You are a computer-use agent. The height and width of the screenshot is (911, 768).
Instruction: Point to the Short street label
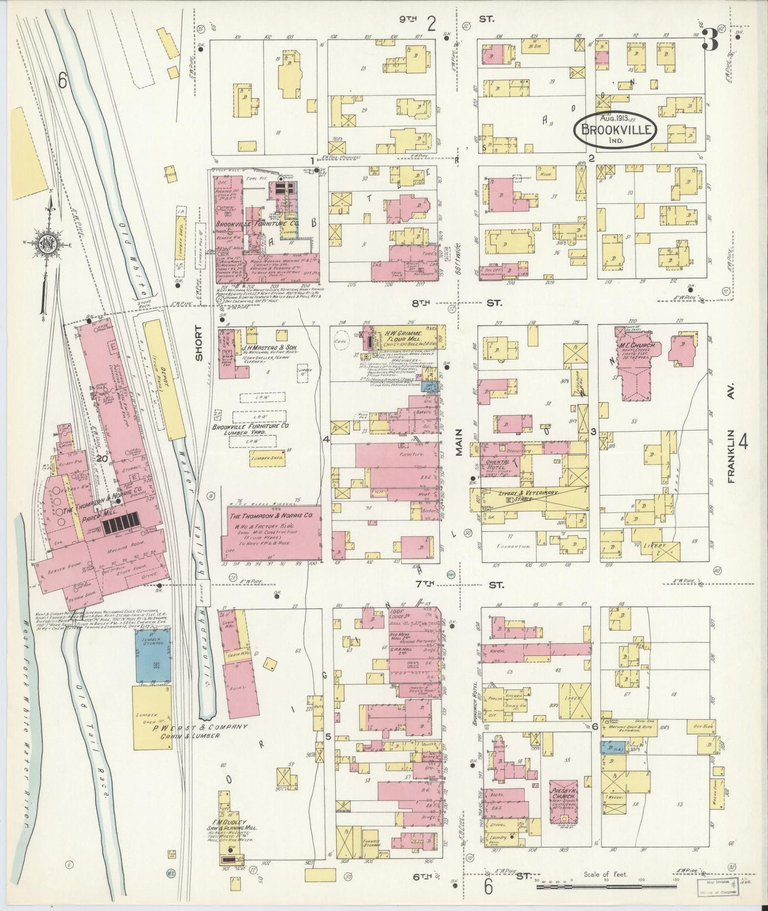point(199,343)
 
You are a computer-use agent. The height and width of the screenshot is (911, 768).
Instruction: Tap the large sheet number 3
point(711,40)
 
